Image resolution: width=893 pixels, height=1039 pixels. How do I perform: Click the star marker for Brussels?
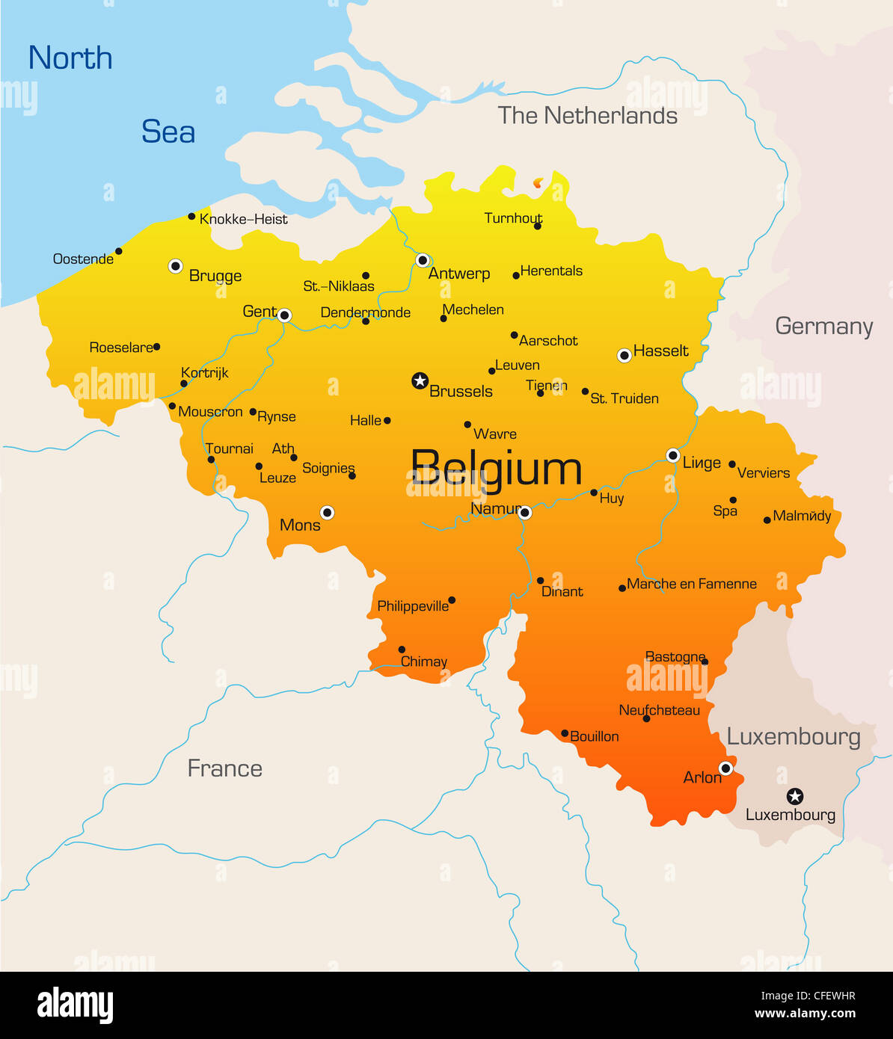pos(420,381)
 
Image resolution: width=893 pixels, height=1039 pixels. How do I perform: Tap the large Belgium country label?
pos(496,469)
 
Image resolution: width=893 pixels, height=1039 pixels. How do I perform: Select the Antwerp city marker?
pos(423,260)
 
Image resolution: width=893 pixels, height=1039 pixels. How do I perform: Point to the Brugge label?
pos(215,276)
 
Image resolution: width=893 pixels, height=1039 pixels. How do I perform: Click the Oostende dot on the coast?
pos(118,251)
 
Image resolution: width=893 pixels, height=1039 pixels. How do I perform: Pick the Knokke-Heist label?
pos(243,219)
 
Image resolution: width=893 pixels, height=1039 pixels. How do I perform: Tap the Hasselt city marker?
pos(625,356)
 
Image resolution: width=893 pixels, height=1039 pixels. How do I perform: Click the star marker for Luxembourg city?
pos(795,796)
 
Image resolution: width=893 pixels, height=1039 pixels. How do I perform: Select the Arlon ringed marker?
pos(725,768)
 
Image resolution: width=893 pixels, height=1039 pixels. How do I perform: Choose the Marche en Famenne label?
pos(692,584)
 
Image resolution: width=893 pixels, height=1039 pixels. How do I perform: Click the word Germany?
pos(823,327)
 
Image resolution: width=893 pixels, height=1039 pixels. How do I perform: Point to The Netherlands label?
pos(587,116)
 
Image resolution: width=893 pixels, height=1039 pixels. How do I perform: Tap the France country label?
pos(224,768)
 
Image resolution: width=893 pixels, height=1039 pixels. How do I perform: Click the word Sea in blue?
pos(168,132)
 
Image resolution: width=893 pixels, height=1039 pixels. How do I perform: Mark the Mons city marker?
pos(327,513)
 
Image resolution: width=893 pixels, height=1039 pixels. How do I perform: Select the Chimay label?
pos(424,662)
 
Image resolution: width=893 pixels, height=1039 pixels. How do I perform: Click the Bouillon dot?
pos(565,734)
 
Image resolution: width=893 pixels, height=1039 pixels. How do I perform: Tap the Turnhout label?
pos(513,218)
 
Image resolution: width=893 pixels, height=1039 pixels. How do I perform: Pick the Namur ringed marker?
pos(525,513)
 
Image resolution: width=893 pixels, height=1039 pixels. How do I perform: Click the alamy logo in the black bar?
pos(76,1005)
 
